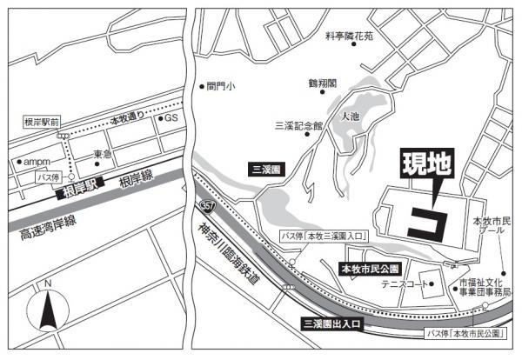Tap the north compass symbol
48,309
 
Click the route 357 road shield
205,205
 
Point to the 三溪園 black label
264,170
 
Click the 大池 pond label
350,116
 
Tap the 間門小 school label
221,86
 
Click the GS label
171,117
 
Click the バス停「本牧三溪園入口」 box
324,236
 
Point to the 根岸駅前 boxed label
42,123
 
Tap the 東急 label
103,154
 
